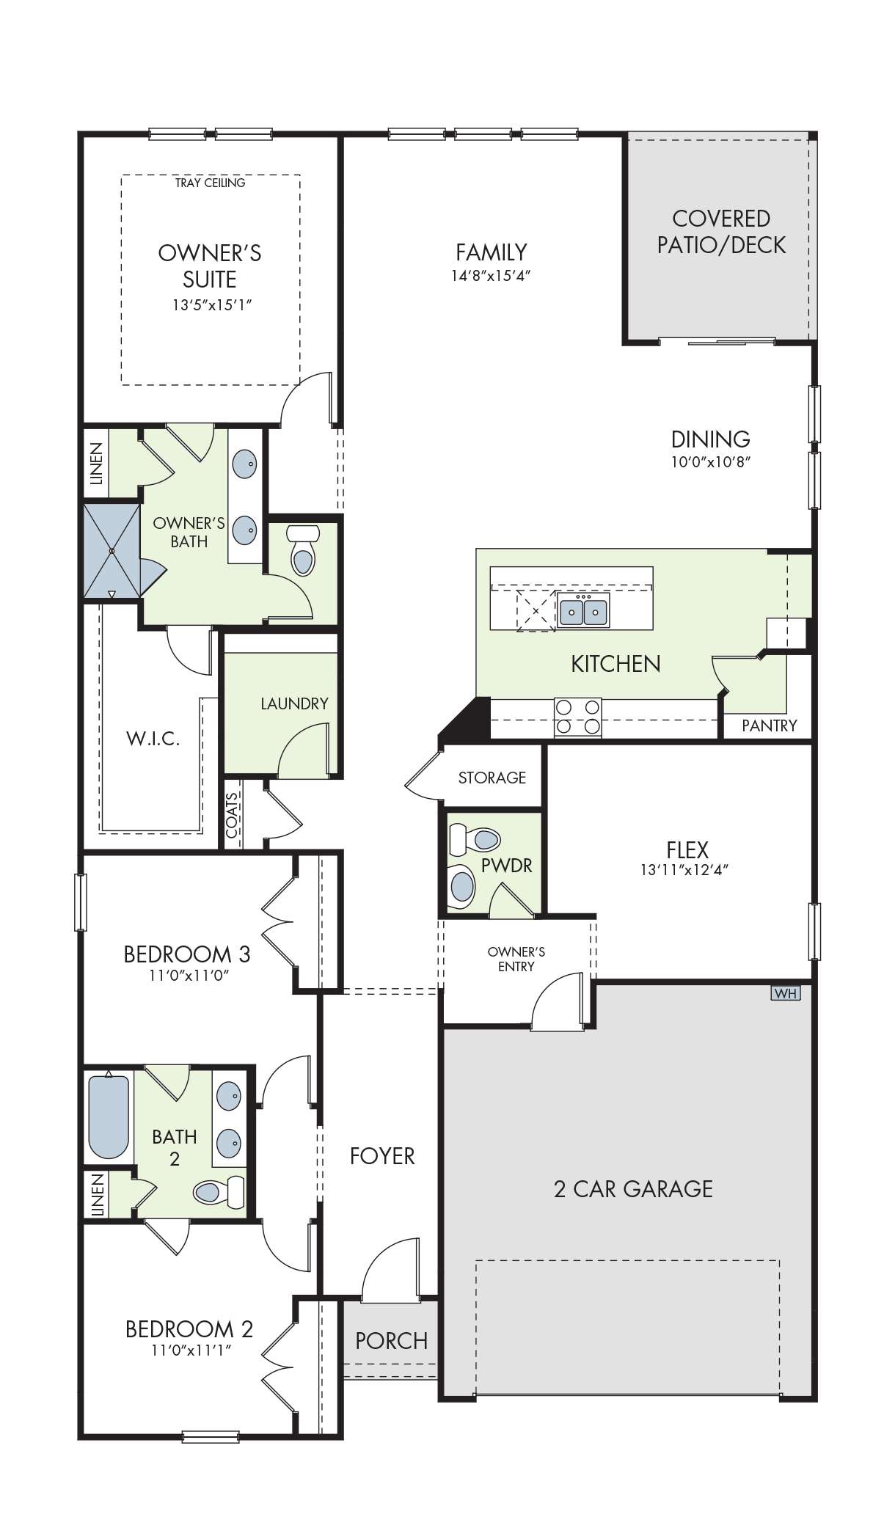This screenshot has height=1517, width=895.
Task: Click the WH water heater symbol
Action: coord(785,993)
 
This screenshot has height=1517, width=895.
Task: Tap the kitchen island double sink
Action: coord(583,610)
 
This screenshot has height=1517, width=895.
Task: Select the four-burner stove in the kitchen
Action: coord(577,717)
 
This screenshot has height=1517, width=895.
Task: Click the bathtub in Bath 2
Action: coord(109,1116)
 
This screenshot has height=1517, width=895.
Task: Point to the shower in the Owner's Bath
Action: coord(112,550)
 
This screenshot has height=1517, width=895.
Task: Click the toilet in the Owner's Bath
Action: coord(301,549)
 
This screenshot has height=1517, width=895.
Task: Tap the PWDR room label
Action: coord(506,866)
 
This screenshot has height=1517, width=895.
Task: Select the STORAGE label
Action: coord(492,778)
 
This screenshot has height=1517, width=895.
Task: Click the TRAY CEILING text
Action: coord(210,183)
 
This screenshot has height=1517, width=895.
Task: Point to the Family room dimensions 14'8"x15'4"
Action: coord(491,276)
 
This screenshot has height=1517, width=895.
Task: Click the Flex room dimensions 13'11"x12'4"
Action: coord(684,870)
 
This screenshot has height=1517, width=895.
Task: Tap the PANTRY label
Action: coord(769,725)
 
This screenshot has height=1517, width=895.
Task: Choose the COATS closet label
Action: coord(232,815)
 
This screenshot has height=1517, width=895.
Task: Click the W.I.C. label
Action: coord(153,738)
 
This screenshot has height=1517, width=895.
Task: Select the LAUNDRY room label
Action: coord(294,703)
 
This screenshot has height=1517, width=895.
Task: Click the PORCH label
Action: coord(391,1341)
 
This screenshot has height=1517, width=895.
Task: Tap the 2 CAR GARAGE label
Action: coord(633,1189)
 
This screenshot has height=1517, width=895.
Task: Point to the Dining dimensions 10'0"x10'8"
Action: coord(711,462)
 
